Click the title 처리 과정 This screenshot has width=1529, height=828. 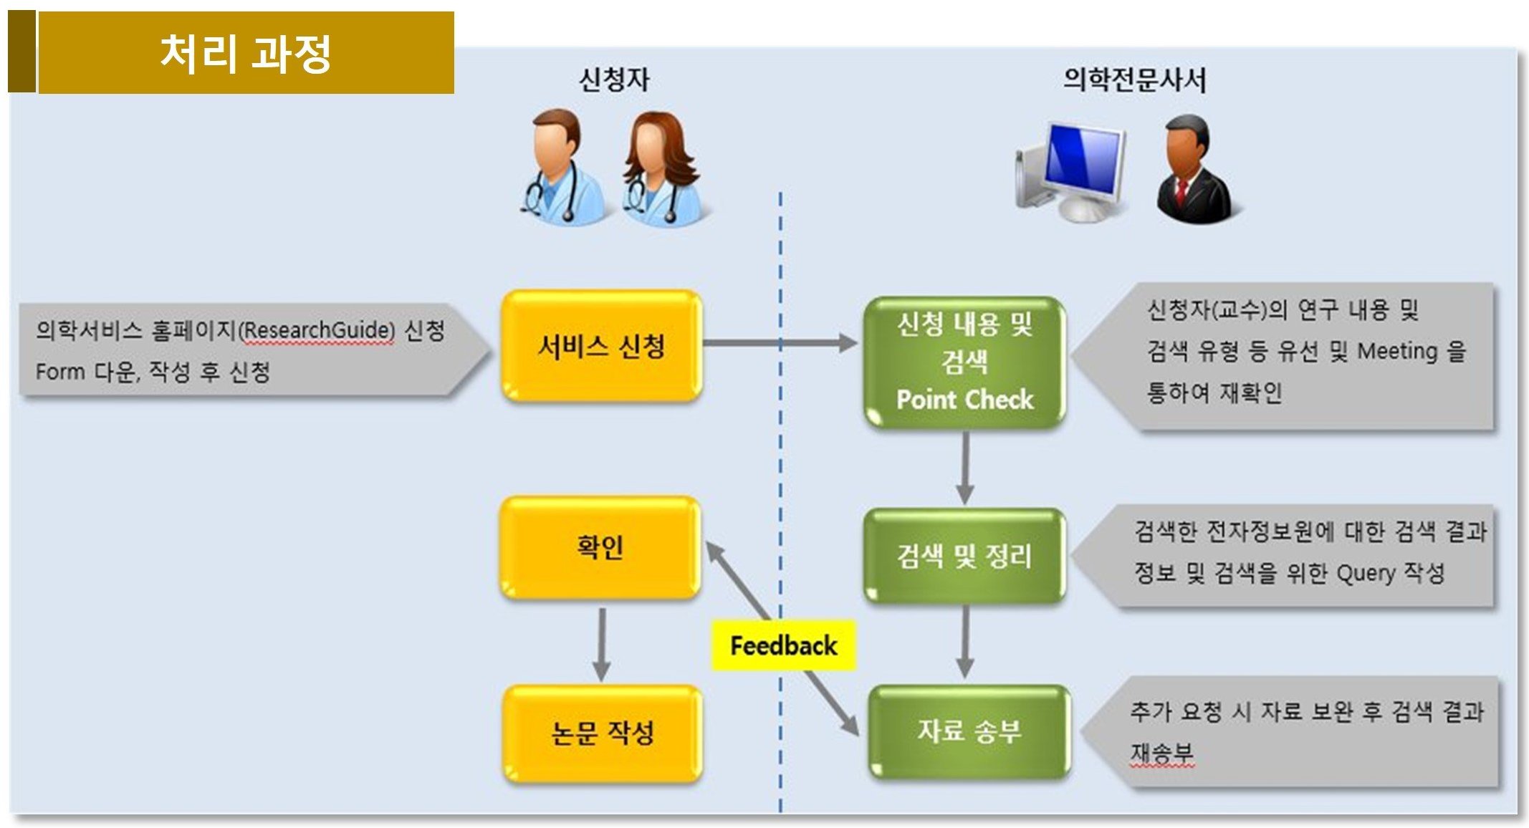(x=245, y=53)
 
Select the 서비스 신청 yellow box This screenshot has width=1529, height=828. (x=601, y=346)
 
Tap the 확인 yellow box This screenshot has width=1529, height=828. (x=600, y=547)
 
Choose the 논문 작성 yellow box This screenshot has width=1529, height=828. (x=602, y=733)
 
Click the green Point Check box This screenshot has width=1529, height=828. (x=964, y=362)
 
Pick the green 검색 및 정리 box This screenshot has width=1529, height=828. (x=964, y=556)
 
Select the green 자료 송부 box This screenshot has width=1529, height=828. (x=969, y=731)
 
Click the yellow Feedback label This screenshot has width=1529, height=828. (x=783, y=645)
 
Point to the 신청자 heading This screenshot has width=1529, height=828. (x=614, y=80)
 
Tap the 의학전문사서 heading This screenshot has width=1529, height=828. (x=1134, y=80)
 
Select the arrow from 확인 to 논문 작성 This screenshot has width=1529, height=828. (x=602, y=643)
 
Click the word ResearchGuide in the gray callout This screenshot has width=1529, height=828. (x=317, y=330)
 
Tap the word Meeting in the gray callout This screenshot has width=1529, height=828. (x=1397, y=351)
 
